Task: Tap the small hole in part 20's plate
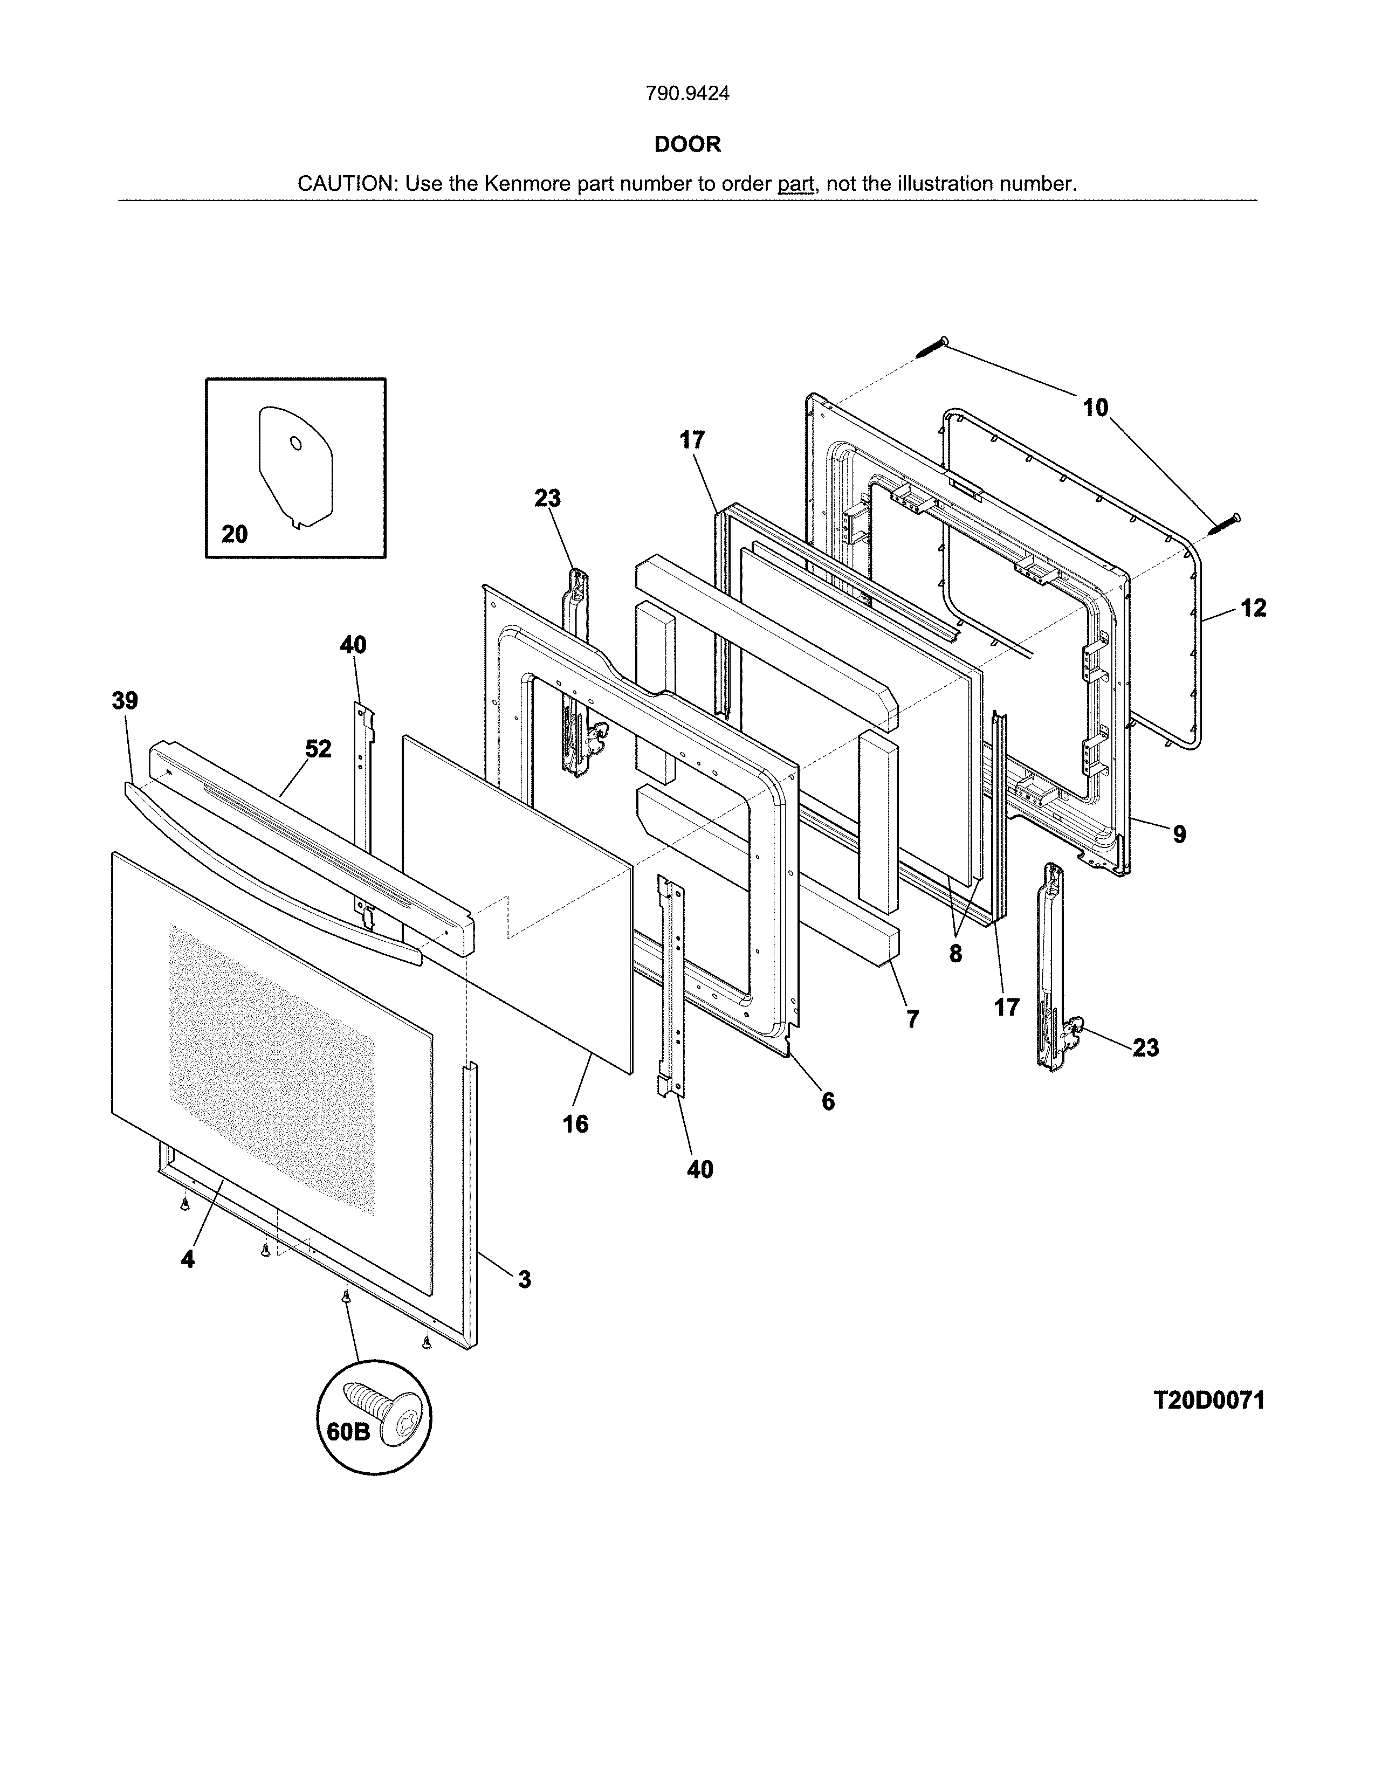coord(295,443)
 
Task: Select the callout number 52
coord(319,749)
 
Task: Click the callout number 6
coord(828,1101)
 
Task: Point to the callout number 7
coord(912,1018)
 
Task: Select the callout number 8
coord(955,953)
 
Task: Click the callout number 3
coord(525,1280)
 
